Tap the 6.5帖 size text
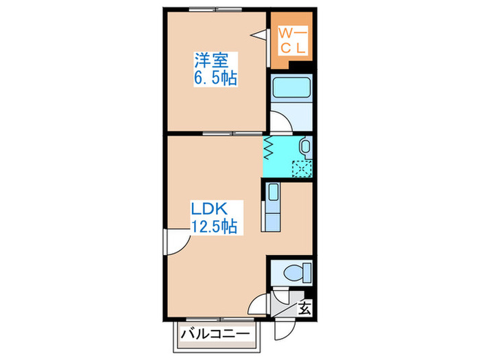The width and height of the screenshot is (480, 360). click(215, 79)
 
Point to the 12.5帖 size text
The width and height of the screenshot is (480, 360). click(215, 226)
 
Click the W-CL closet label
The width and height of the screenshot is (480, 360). click(293, 39)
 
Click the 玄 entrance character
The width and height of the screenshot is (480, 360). click(304, 309)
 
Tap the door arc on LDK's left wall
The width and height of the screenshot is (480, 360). click(174, 241)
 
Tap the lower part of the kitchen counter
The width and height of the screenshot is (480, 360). click(272, 221)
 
